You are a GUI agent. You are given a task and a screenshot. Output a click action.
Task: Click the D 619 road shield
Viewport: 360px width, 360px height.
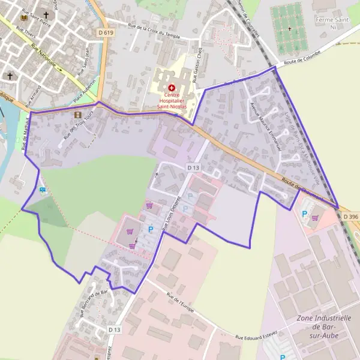105,32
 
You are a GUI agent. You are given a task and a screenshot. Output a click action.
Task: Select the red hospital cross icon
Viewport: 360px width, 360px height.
172,88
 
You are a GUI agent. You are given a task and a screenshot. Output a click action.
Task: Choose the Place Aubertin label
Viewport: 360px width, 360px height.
85,91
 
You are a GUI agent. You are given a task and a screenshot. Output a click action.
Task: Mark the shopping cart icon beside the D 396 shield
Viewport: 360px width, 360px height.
316,218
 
